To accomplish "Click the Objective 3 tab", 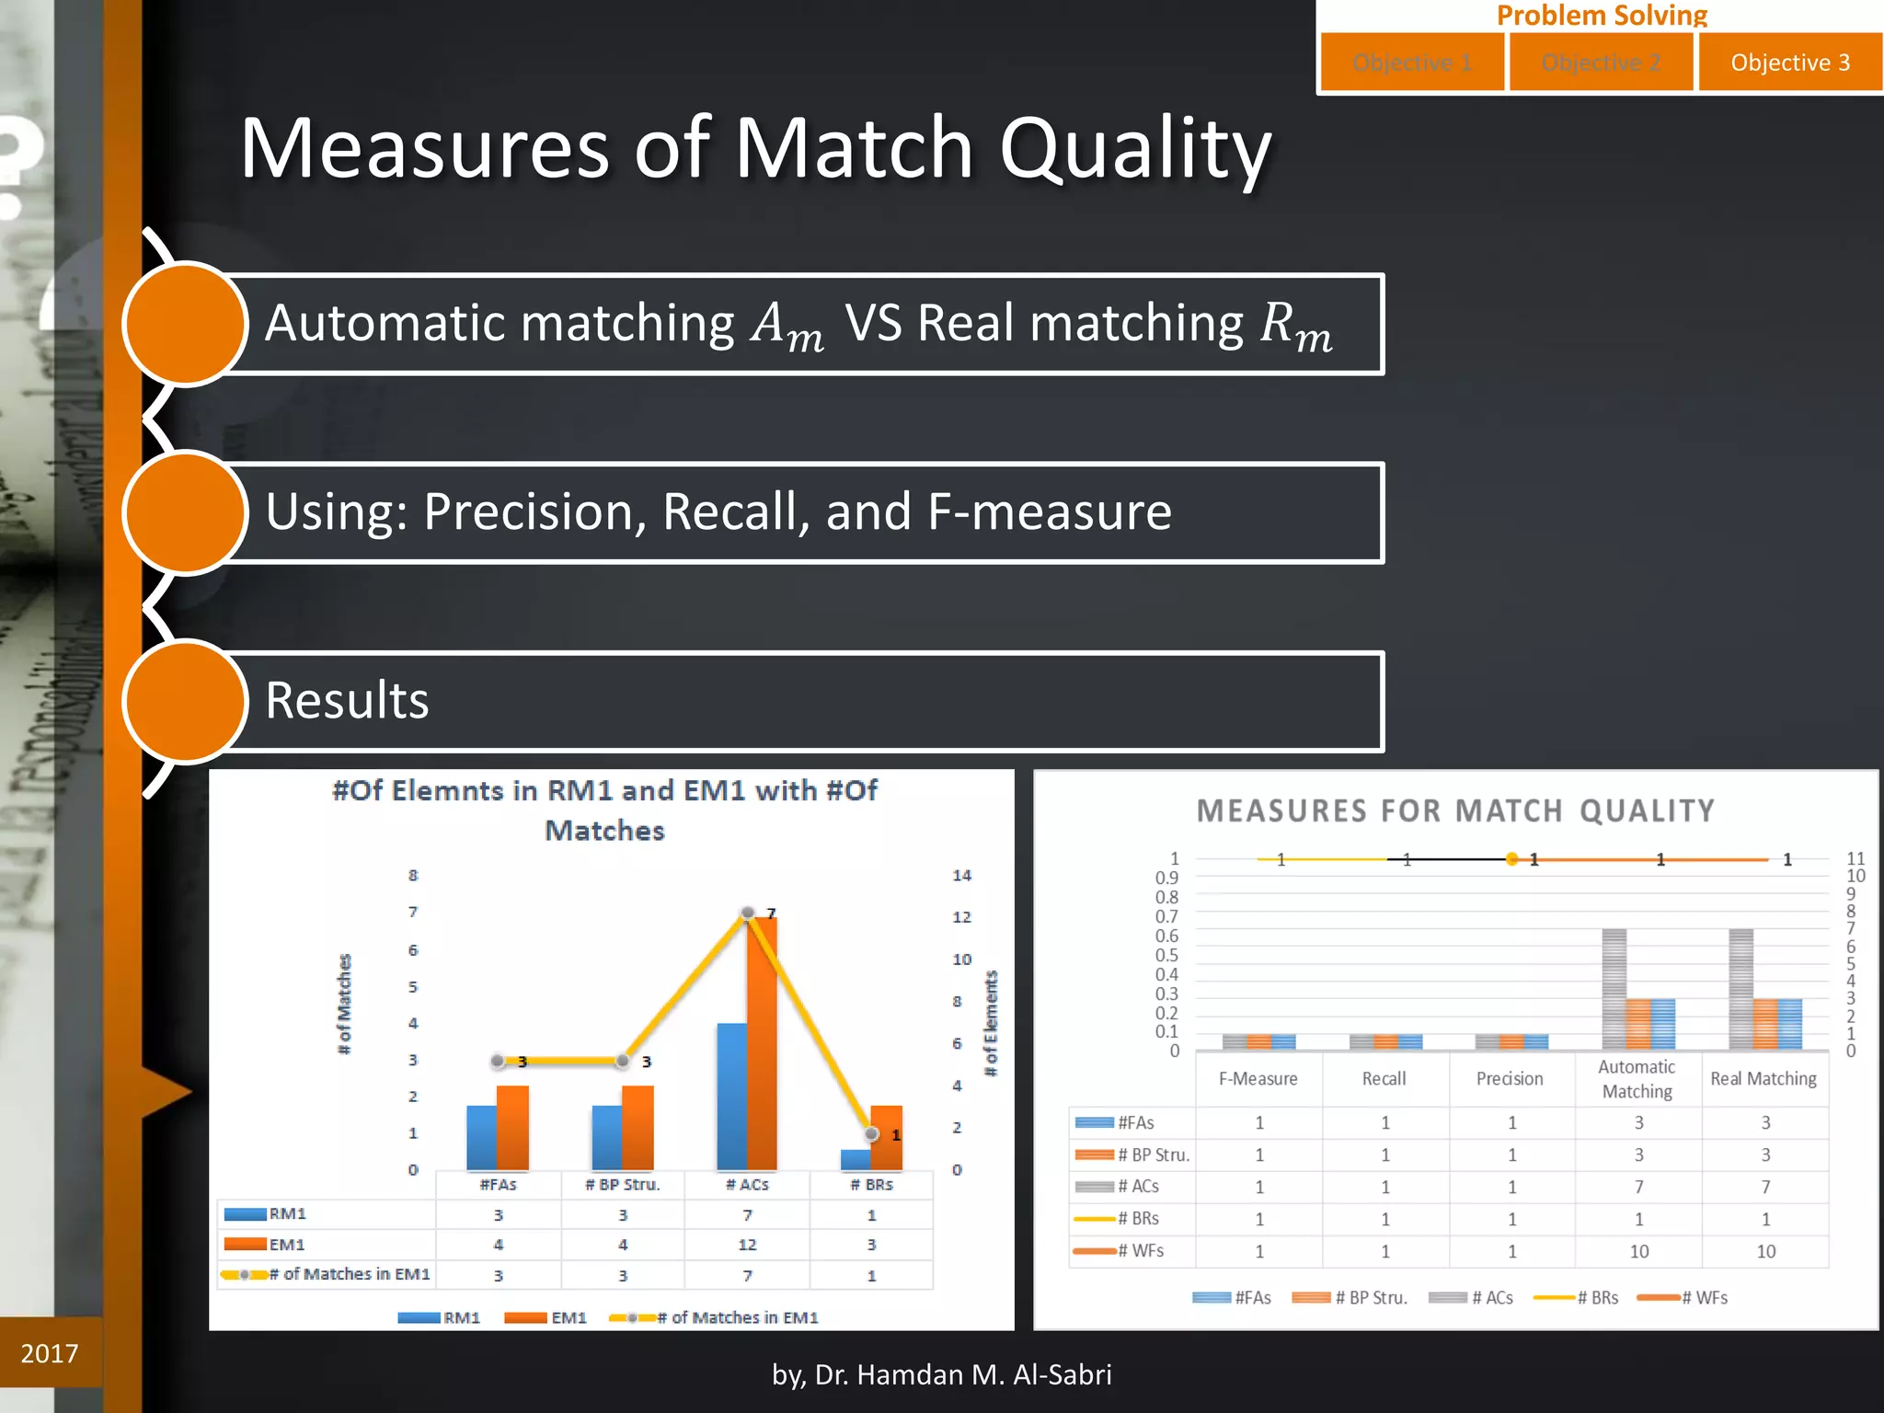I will [x=1789, y=63].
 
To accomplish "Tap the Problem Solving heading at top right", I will [x=1602, y=15].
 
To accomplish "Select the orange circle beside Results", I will [x=185, y=701].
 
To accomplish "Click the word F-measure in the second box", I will [x=1050, y=511].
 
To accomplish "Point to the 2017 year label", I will [x=50, y=1353].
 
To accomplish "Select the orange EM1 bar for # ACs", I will [x=763, y=1044].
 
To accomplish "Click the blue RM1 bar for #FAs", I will [x=481, y=1137].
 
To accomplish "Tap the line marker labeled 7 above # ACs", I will [x=748, y=913].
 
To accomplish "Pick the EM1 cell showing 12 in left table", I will [x=747, y=1245].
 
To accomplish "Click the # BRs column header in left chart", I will [x=871, y=1185].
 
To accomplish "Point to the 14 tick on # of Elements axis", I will [x=961, y=875].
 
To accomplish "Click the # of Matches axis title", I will [x=345, y=1004].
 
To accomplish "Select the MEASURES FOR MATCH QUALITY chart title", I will [x=1455, y=810].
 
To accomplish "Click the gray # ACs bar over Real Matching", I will [x=1740, y=989].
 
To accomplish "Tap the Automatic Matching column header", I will [x=1637, y=1079].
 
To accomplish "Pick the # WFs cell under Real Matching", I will [x=1765, y=1251].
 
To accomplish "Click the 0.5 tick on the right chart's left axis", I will [x=1166, y=955].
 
